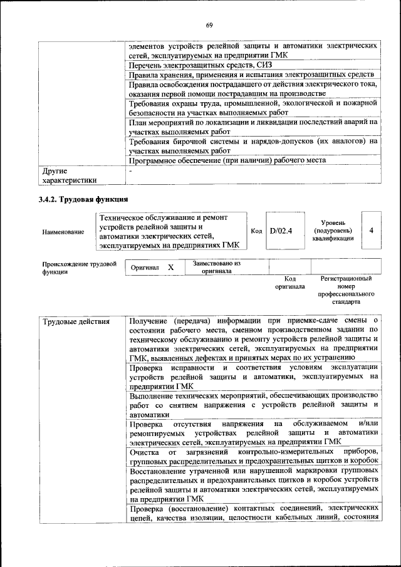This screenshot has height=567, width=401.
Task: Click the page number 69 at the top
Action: pos(209,25)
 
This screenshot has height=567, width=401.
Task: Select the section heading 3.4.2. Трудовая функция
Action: pos(83,200)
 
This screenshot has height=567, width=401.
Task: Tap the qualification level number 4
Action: pos(372,231)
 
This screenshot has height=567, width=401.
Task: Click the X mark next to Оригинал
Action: pos(171,268)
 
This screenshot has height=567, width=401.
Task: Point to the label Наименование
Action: pos(63,232)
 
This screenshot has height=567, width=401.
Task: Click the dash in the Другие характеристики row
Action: pos(130,170)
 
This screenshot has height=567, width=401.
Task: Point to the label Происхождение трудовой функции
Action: pos(79,268)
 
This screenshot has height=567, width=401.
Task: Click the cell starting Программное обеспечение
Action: pos(227,160)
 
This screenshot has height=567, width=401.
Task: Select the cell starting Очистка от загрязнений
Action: pos(253,456)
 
